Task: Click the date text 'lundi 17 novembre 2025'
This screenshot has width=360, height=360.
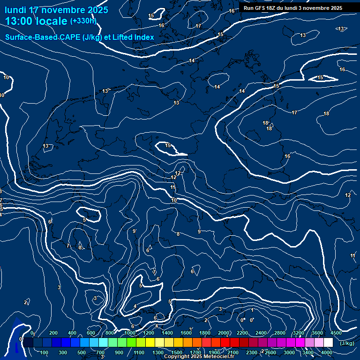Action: pos(56,10)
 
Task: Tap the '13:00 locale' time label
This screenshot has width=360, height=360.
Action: pos(36,21)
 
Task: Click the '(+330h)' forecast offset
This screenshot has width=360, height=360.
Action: pos(83,21)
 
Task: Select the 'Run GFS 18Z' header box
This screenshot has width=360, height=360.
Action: pos(293,8)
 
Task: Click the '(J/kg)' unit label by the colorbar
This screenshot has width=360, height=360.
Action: pos(347,343)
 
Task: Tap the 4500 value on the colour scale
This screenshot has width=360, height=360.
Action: pos(336,332)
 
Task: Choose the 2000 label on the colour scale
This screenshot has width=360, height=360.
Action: pos(224,332)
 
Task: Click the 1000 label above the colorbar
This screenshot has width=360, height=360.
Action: pos(130,332)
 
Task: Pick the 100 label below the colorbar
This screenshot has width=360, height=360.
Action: pos(45,352)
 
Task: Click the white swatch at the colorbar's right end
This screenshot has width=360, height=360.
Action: pos(328,343)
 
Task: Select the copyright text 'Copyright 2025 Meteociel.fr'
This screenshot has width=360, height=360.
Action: pos(199,357)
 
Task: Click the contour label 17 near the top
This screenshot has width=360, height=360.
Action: pos(198,26)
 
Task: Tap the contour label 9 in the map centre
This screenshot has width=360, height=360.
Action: pos(199,232)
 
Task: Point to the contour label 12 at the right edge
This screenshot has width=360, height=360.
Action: pos(348,195)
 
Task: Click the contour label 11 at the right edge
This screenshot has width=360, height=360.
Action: pos(352,255)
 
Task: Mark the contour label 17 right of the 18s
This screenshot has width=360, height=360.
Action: pos(294,112)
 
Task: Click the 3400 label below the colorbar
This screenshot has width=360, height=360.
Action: pos(308,352)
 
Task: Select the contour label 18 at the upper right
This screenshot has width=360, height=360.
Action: pos(326,113)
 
